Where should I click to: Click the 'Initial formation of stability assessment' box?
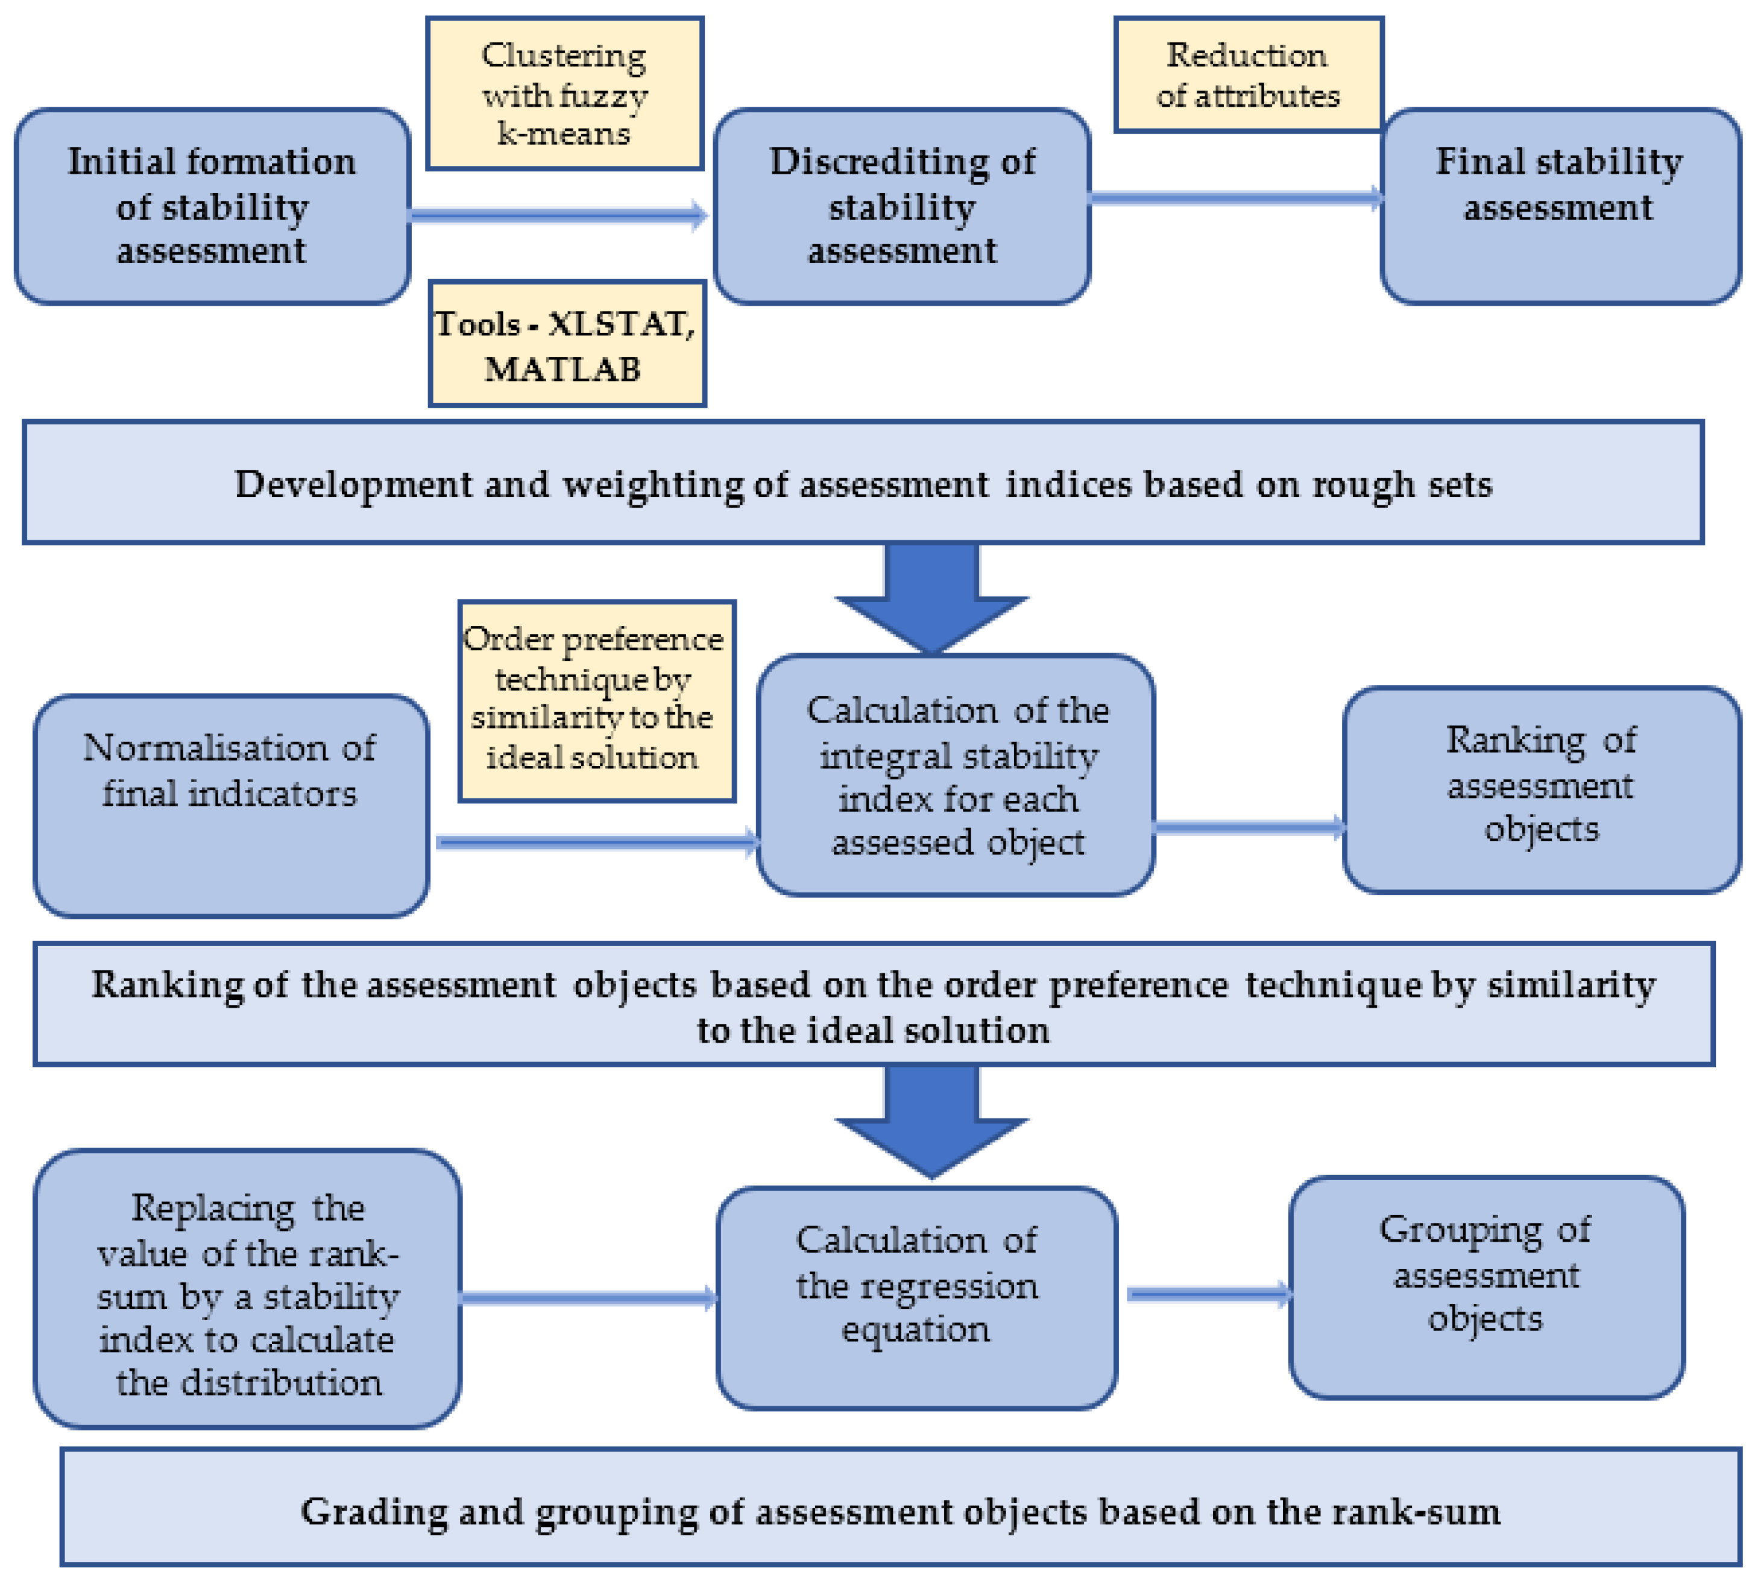tap(212, 206)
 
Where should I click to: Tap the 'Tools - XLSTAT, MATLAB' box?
tap(567, 344)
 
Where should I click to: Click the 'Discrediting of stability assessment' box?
tap(901, 206)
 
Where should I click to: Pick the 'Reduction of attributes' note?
tap(1247, 75)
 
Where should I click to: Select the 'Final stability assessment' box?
tap(1560, 206)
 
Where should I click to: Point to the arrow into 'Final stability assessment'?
tap(1235, 197)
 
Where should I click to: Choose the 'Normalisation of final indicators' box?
tap(230, 804)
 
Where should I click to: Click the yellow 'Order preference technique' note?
tap(596, 700)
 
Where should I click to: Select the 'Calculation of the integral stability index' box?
tap(956, 775)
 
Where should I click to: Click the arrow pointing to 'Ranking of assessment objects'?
tap(1247, 826)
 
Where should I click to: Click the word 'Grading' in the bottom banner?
tap(373, 1512)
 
